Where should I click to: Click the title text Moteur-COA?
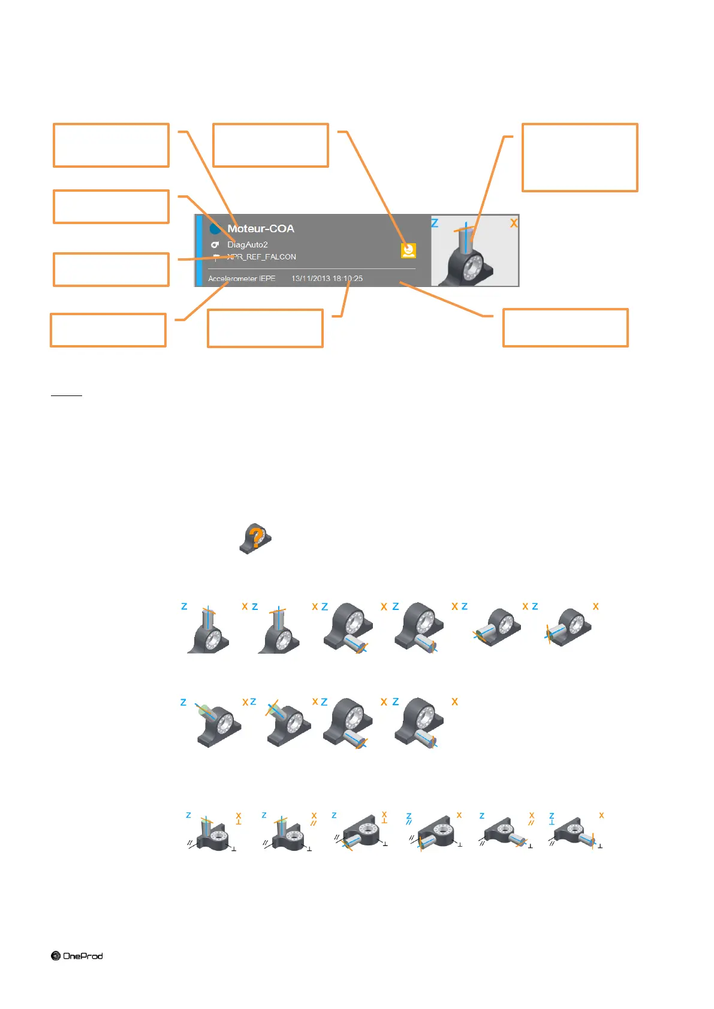point(261,229)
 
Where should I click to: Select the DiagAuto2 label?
point(248,244)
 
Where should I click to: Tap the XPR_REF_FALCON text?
point(261,257)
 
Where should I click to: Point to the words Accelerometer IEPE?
point(242,279)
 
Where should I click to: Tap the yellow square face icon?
point(409,250)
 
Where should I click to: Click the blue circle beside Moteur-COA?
point(215,229)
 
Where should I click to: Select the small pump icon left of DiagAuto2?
point(215,244)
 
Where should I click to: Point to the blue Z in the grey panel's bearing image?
point(435,223)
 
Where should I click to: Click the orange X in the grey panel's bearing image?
point(514,223)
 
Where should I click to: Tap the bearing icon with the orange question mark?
point(256,538)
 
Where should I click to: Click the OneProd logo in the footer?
point(77,956)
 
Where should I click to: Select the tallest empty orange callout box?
point(580,158)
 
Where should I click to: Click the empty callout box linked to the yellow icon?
point(271,145)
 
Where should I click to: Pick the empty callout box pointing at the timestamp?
point(265,328)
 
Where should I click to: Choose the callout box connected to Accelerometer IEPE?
point(108,330)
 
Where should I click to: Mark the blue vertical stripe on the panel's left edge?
point(199,250)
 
